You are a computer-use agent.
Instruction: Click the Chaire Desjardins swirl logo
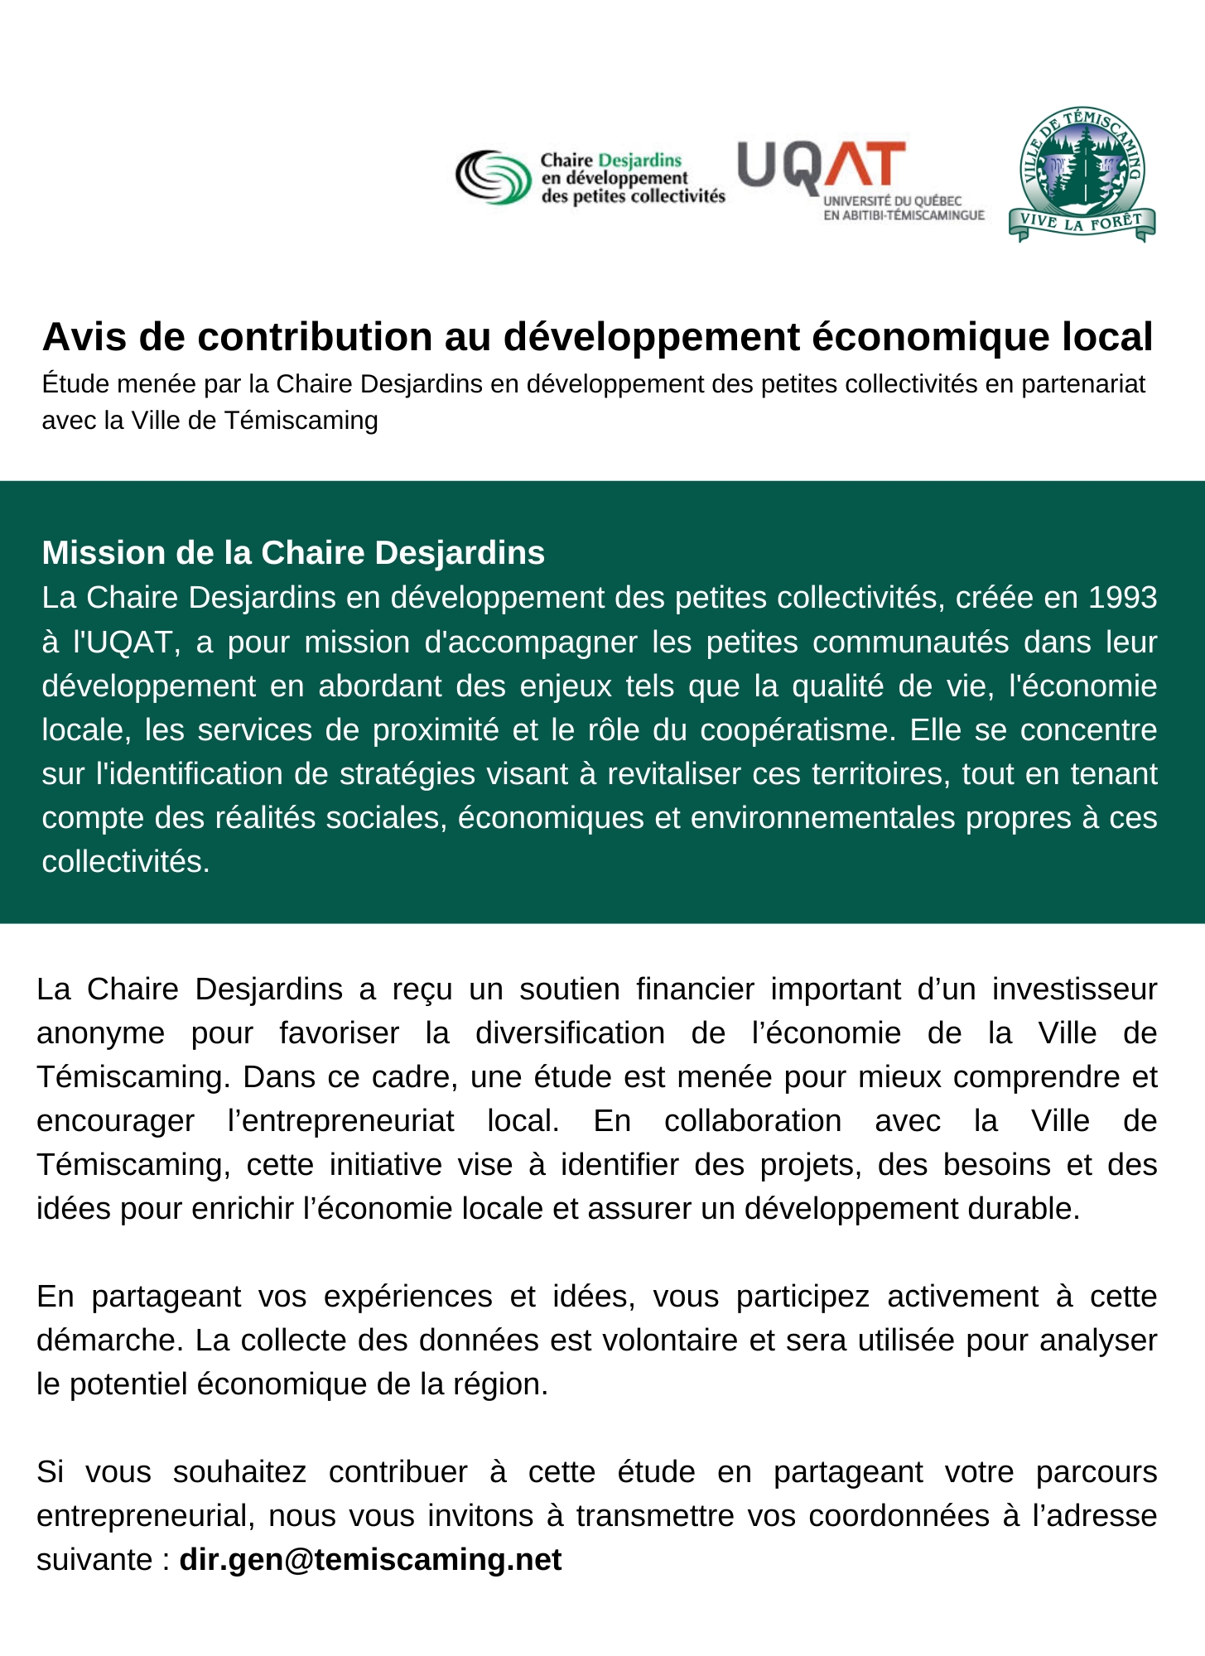click(x=494, y=176)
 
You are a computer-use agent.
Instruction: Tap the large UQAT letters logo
click(x=820, y=166)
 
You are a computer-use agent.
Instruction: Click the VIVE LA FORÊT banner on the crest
click(x=1082, y=223)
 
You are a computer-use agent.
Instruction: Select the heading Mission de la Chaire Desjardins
click(x=293, y=552)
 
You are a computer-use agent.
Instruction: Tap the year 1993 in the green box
click(x=1122, y=597)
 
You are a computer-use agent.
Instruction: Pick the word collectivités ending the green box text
click(x=126, y=861)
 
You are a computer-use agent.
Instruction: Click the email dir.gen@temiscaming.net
click(x=370, y=1559)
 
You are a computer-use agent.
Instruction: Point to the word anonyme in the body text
click(x=100, y=1033)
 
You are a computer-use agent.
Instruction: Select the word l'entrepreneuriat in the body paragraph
click(x=340, y=1120)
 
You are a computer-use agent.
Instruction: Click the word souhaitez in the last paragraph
click(x=239, y=1471)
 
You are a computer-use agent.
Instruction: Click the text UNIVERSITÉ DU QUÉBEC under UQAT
click(x=892, y=201)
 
